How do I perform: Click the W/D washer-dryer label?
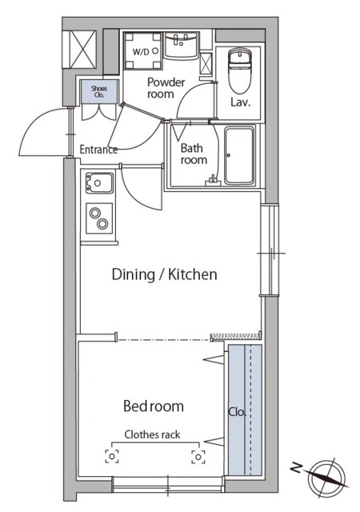[141, 51]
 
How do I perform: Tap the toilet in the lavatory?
[239, 70]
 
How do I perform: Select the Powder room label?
[166, 88]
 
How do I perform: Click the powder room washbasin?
[181, 45]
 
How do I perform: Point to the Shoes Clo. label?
[99, 91]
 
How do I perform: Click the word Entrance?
[98, 150]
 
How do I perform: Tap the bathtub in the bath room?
[239, 155]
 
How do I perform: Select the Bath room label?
[194, 154]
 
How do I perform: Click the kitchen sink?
[99, 182]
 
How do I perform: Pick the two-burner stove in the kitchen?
[99, 218]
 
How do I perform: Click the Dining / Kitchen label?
[164, 274]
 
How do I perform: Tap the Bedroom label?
[154, 406]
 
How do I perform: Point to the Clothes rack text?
[152, 434]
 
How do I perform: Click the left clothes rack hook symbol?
[112, 456]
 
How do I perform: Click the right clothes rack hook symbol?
[198, 457]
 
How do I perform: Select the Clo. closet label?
[237, 412]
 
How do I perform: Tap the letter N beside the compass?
[296, 469]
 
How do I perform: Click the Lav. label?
[241, 102]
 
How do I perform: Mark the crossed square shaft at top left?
[79, 49]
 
